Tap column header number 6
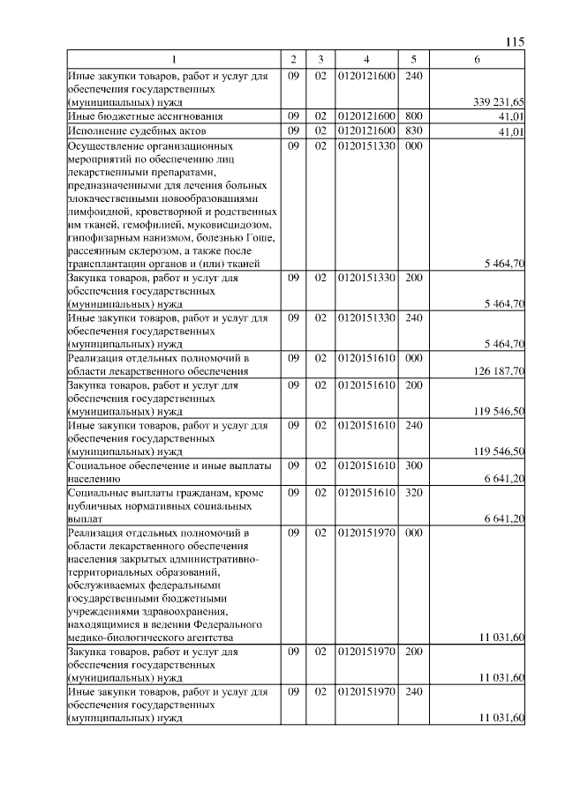(477, 59)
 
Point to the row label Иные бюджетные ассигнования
(132, 116)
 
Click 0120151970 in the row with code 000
(366, 533)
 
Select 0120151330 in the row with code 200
(366, 278)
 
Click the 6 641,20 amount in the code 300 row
(505, 477)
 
